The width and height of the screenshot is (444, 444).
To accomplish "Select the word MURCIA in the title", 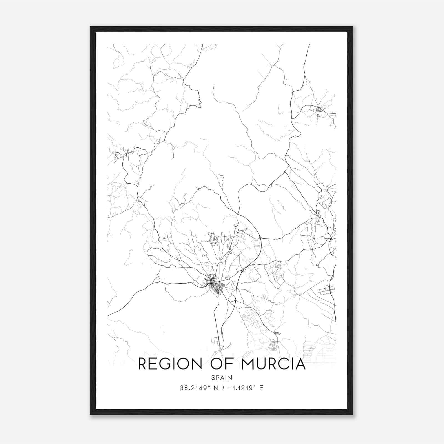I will point(273,364).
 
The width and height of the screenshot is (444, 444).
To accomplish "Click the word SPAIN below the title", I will point(222,377).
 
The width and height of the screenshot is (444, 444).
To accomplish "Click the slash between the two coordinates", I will point(222,388).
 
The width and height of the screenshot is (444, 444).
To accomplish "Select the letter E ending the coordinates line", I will point(261,388).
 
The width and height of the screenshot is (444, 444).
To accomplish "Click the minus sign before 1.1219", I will point(229,388).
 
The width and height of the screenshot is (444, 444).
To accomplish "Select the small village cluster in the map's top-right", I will point(318,110).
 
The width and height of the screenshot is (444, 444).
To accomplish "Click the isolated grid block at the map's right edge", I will point(327,290).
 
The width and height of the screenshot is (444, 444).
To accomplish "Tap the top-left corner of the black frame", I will point(91,27).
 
